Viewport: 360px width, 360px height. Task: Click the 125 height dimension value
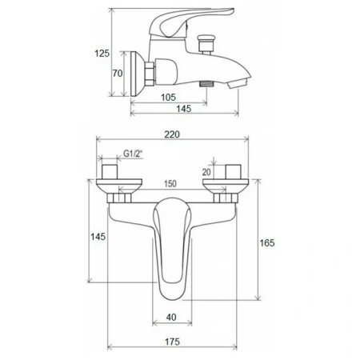(x=102, y=54)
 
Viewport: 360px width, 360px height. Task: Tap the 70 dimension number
(x=118, y=73)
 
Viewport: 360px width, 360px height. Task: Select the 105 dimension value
(x=168, y=97)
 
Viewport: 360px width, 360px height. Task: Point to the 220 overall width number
(x=172, y=134)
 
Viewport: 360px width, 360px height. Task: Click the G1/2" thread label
(x=133, y=154)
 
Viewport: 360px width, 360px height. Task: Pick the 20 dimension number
(x=206, y=172)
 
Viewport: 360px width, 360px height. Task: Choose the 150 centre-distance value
(x=170, y=184)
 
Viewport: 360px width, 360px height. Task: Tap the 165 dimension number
(x=267, y=242)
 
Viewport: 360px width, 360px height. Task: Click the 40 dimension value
(x=171, y=317)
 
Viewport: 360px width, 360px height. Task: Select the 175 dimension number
(x=172, y=342)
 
